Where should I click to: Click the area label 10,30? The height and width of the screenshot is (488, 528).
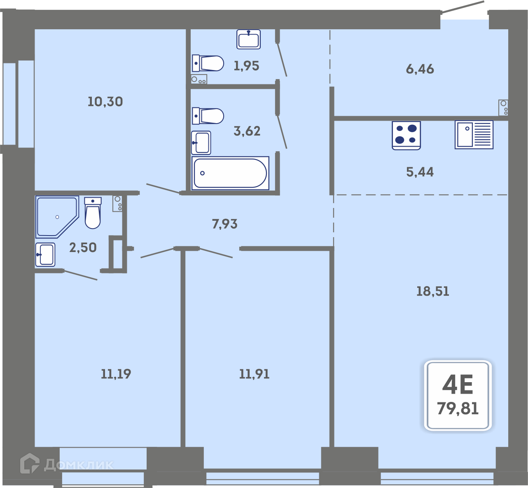(105, 102)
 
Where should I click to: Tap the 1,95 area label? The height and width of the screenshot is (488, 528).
(246, 66)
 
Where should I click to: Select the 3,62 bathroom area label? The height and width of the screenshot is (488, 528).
(247, 131)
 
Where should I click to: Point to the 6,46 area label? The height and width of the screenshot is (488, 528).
(420, 69)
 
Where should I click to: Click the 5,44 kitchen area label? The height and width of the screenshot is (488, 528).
(420, 172)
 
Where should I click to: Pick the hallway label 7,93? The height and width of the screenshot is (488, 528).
(224, 224)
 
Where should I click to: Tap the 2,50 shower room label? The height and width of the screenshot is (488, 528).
(83, 248)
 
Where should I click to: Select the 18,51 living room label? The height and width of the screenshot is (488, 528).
(433, 291)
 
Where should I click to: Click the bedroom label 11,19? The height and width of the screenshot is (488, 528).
(116, 374)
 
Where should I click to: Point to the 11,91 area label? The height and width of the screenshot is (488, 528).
(254, 374)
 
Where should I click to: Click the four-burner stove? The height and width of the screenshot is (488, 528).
(406, 135)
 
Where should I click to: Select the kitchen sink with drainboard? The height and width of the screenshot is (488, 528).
(474, 135)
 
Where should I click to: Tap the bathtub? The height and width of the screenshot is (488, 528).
(230, 173)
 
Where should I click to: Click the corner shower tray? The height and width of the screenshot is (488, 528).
(57, 217)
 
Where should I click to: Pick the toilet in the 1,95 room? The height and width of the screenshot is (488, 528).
(208, 63)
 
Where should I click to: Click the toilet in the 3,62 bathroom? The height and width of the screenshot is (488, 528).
(208, 116)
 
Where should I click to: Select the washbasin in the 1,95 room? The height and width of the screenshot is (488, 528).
(249, 40)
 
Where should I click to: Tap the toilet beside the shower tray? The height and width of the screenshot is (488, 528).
(93, 213)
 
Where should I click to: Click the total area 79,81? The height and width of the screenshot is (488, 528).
(458, 409)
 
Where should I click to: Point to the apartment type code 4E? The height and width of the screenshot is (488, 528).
(458, 384)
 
